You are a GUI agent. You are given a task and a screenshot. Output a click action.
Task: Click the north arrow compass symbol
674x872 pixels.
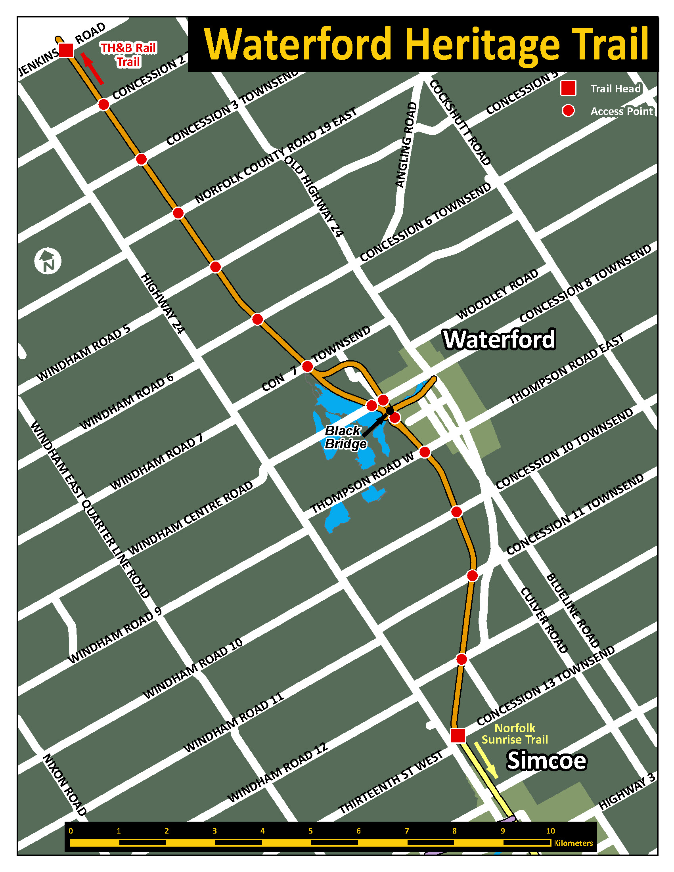coord(48,261)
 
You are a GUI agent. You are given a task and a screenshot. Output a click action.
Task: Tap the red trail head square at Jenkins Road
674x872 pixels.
coord(66,50)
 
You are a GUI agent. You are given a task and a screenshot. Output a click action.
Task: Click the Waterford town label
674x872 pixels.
coord(499,339)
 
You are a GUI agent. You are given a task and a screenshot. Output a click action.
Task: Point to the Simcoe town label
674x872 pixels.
coord(546,761)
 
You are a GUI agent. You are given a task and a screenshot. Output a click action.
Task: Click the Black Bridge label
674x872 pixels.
coord(345,437)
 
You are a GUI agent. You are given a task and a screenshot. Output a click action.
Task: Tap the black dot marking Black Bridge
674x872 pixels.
coord(390,411)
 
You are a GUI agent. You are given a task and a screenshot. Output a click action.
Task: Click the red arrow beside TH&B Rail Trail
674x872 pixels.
coord(92,69)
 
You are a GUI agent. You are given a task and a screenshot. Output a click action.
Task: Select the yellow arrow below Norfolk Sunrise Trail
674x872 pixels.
coord(486,760)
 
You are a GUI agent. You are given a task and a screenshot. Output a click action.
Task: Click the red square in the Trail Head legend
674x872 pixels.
coord(568,88)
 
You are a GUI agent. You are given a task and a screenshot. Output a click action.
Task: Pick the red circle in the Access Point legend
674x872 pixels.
coord(568,111)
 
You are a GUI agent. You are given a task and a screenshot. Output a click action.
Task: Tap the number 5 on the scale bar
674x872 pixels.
coord(310,831)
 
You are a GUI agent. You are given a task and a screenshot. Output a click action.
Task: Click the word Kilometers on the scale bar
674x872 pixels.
coord(573,843)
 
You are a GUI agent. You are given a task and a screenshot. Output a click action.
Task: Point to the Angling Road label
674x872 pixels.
coord(406,145)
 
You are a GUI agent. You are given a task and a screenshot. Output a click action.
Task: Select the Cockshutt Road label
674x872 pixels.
coord(460,123)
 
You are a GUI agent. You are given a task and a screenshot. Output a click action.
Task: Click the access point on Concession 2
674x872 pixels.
coord(104,105)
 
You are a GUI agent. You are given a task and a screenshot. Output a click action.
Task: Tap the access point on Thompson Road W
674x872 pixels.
coord(425,452)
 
